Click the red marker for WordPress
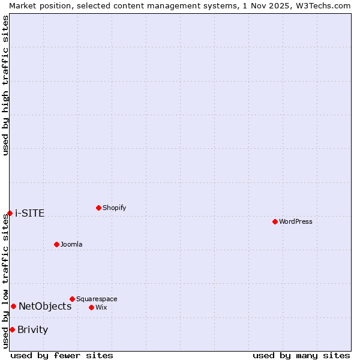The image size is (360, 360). (x=275, y=221)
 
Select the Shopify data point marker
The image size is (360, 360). (x=98, y=208)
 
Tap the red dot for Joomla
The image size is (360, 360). (x=56, y=244)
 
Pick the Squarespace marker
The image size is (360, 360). (x=72, y=299)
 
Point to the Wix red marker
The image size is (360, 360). (x=91, y=307)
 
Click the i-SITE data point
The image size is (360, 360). (x=10, y=213)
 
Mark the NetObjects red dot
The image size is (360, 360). (x=13, y=306)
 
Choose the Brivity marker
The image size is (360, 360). (x=12, y=329)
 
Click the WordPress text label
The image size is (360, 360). (x=296, y=221)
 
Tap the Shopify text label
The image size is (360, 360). (x=115, y=208)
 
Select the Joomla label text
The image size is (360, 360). (x=71, y=244)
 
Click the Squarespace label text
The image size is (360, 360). (x=97, y=299)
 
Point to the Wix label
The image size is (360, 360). (x=101, y=307)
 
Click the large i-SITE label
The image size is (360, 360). (x=29, y=213)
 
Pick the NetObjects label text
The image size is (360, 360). (x=45, y=306)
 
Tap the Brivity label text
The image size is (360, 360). (x=32, y=329)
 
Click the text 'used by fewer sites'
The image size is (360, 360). (x=62, y=355)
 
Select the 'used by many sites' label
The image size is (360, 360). (x=301, y=355)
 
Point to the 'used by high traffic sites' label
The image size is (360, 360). (x=5, y=85)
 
